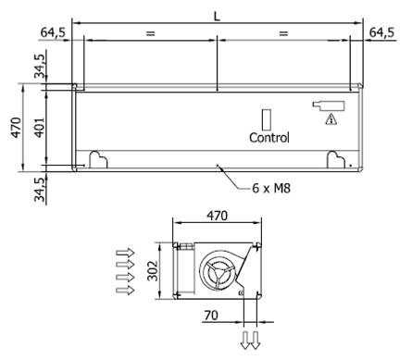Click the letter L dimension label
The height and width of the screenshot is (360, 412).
pos(218,17)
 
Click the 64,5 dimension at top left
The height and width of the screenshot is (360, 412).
pos(53,32)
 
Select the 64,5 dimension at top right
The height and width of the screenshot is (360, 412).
pos(381,32)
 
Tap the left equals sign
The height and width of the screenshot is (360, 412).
pos(150,33)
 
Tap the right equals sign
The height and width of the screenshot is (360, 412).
pos(283,33)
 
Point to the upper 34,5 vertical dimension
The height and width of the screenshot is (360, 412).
pos(40,66)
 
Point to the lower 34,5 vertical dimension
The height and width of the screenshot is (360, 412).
pos(40,190)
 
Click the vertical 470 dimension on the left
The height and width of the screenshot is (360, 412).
pos(17,128)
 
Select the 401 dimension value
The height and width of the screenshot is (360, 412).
pos(39,128)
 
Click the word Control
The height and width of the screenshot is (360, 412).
pos(269,138)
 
